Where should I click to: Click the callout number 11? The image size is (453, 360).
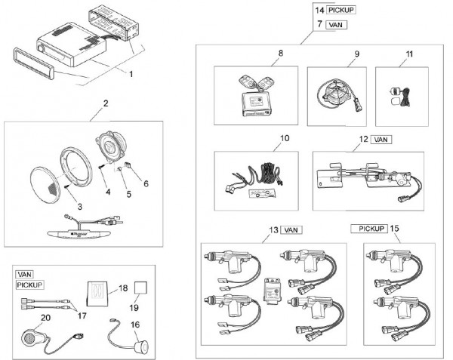coord(409,54)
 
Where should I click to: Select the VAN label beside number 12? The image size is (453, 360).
coord(381,140)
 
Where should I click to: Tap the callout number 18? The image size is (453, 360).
coord(124,289)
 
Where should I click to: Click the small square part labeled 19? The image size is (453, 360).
coord(140,287)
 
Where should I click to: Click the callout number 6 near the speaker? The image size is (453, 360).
coord(146,183)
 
